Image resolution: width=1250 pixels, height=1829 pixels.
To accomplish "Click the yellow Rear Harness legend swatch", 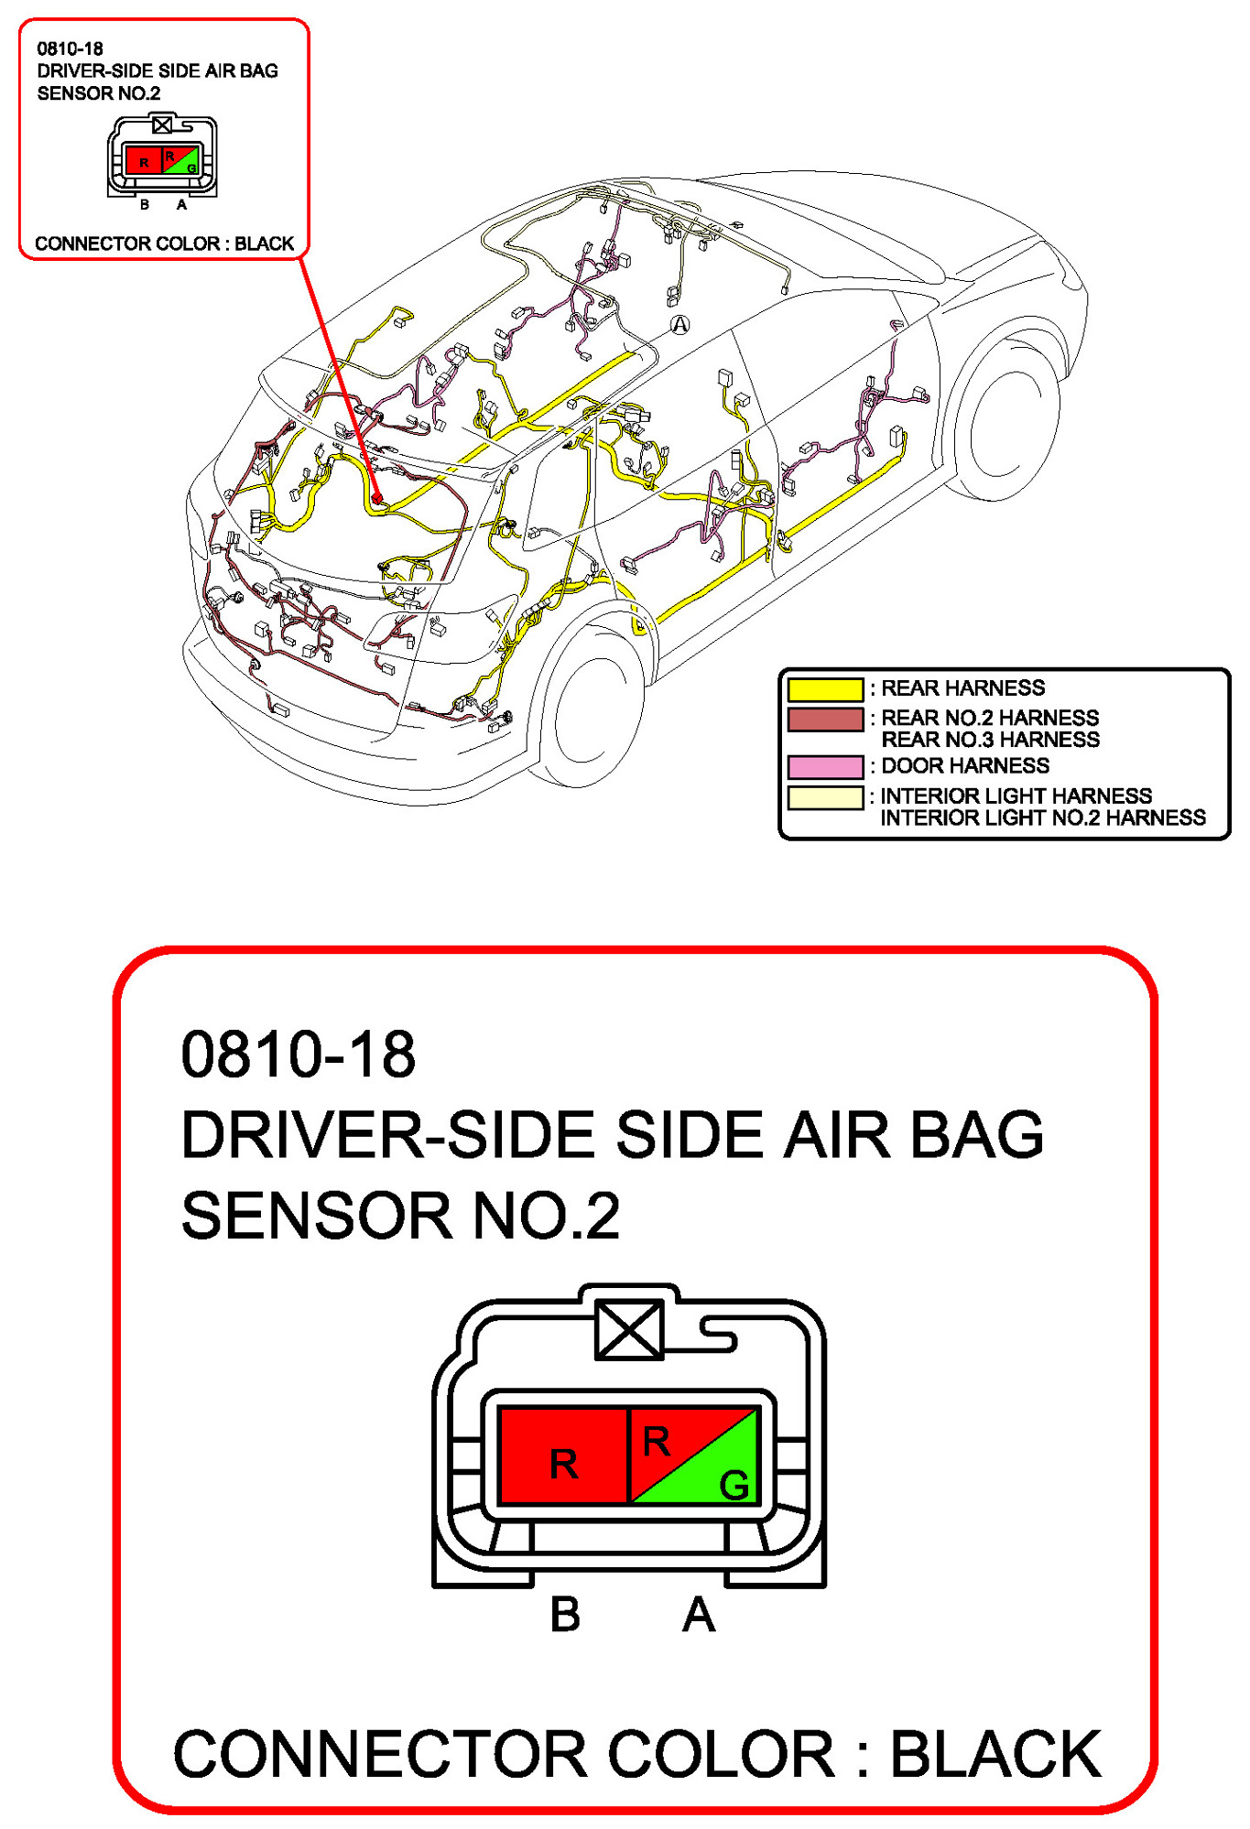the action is pos(824,688).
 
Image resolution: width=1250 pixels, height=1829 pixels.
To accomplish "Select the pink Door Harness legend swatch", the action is pos(824,766).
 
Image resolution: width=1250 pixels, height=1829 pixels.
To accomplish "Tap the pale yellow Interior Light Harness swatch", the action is pos(824,797).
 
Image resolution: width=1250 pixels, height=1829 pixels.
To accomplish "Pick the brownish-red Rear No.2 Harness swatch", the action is pos(824,720).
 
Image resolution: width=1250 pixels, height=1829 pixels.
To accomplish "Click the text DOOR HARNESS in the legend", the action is pos(964,766).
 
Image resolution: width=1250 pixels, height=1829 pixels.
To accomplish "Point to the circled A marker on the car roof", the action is pos(679,324).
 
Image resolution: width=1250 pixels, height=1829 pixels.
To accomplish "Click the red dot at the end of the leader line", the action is pos(376,499).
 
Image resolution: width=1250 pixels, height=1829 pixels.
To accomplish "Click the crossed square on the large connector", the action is pos(628,1329).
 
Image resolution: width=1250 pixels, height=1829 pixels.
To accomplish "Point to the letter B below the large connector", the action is pos(565,1614).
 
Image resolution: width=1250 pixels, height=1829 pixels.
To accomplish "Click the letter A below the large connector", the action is pos(698,1614).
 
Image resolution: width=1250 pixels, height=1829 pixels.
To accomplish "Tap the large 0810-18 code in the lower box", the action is pos(299,1055).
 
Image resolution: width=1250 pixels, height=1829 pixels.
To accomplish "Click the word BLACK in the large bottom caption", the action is pos(995,1755).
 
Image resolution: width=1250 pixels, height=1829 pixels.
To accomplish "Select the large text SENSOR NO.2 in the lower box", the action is pos(400,1216).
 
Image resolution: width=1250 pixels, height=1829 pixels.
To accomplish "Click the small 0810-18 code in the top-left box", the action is pos(70,49).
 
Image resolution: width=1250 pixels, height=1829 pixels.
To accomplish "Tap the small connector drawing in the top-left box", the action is pos(162,157).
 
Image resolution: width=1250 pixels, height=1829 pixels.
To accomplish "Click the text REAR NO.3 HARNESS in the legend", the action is pos(990,740).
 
